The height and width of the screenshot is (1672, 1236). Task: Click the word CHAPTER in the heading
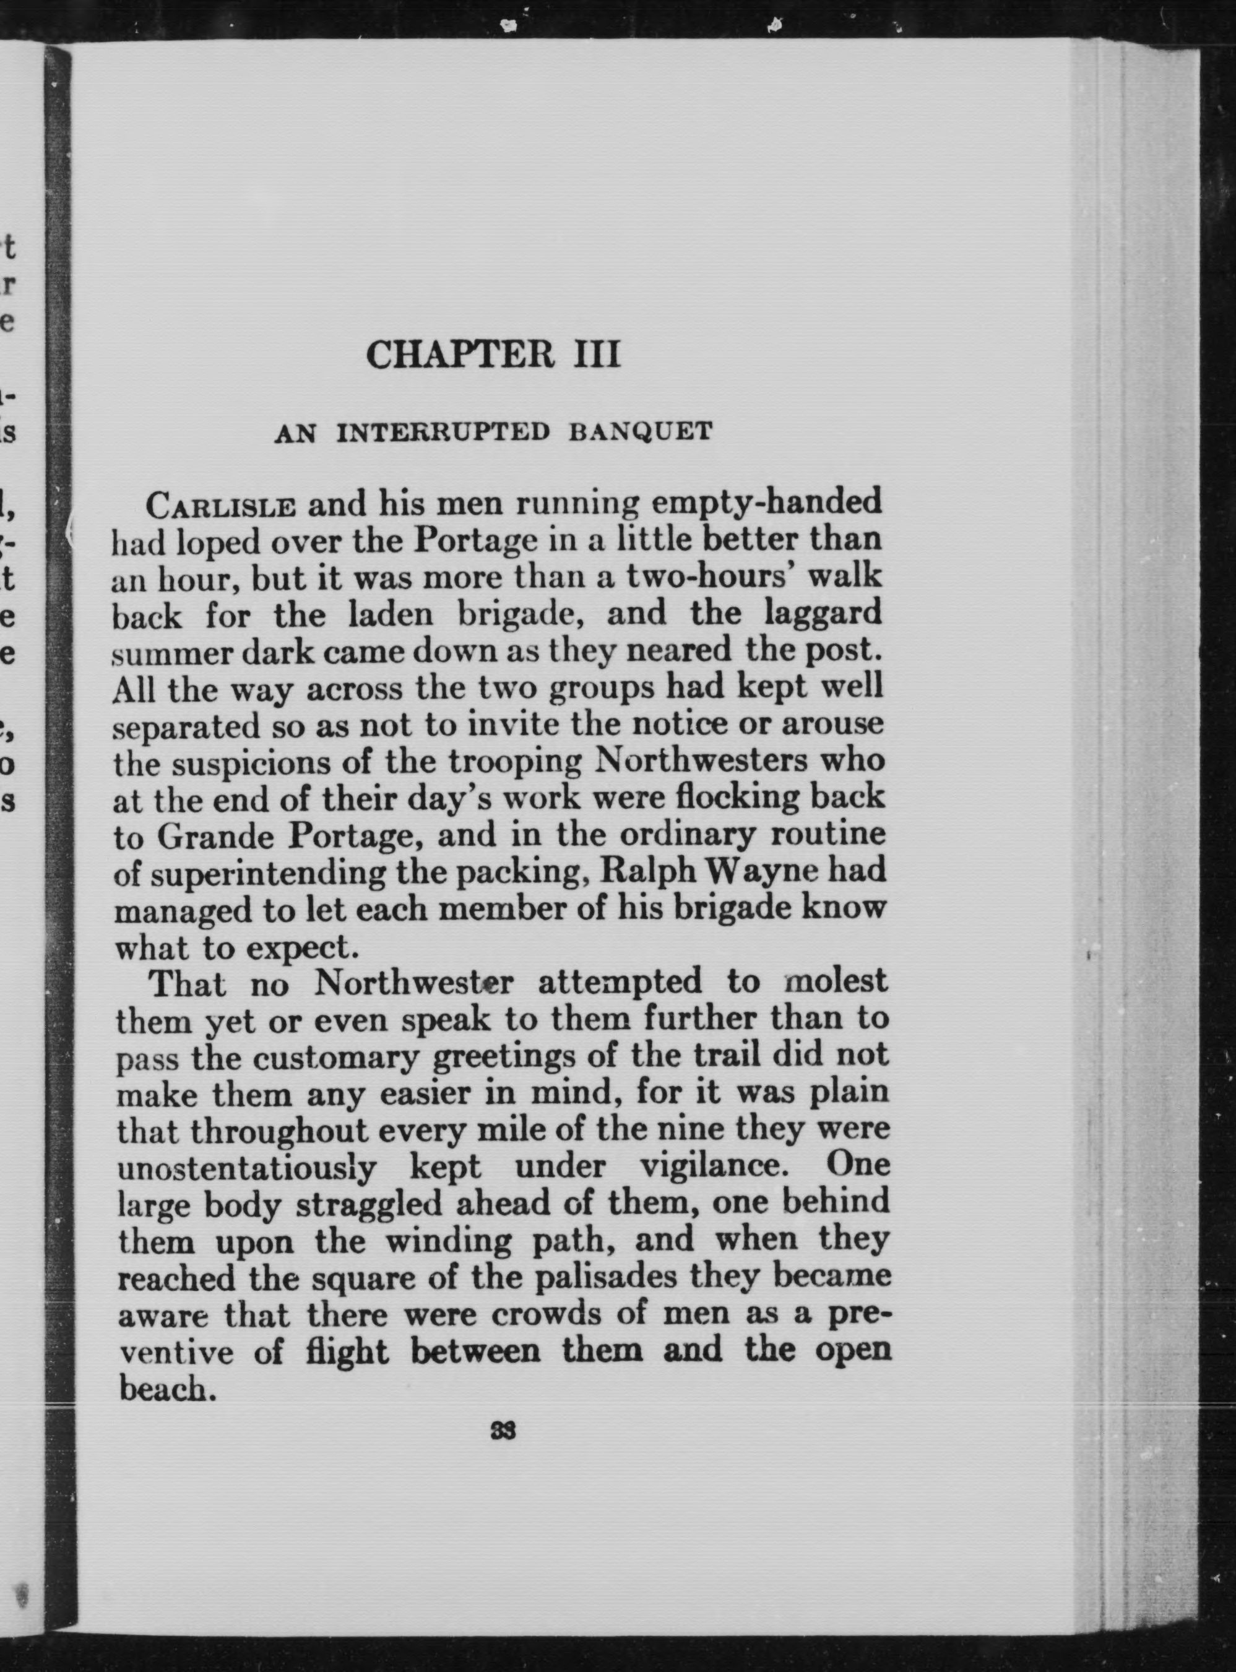pyautogui.click(x=460, y=355)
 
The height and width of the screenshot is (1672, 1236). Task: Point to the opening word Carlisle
pyautogui.click(x=221, y=506)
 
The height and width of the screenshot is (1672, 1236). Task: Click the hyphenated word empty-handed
pyautogui.click(x=766, y=504)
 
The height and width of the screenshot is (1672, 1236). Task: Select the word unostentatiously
pyautogui.click(x=248, y=1166)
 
